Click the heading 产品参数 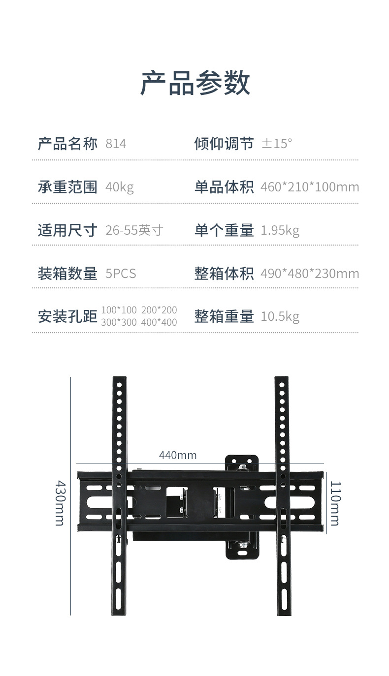195,83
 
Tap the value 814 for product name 116,144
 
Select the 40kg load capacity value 119,187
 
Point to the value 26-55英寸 134,230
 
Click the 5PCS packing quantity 121,274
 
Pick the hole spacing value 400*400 159,323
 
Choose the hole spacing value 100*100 119,310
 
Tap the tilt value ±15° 277,144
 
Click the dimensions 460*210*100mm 310,187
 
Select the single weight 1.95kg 280,230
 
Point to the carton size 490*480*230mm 310,274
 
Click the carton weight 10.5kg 280,316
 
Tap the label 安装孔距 67,316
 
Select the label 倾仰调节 224,144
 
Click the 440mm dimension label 177,456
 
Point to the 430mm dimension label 60,503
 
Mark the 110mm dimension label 334,503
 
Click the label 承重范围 67,187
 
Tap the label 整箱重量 224,316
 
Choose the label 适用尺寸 67,230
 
